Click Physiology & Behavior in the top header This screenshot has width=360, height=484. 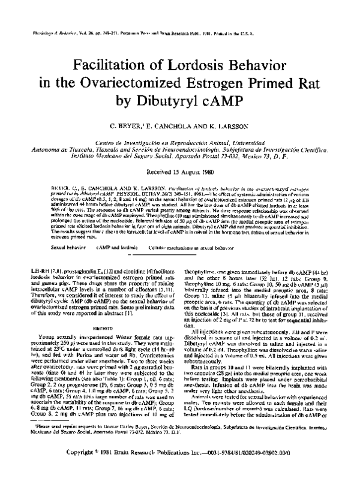48,34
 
